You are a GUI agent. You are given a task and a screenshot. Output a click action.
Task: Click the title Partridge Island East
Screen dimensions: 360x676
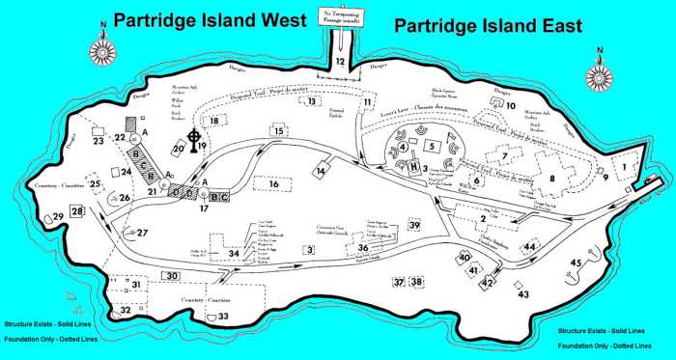coord(489,26)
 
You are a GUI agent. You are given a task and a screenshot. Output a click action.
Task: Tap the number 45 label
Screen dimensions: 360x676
coord(577,262)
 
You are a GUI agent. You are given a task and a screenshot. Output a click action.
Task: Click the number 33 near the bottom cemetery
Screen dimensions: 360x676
coord(223,316)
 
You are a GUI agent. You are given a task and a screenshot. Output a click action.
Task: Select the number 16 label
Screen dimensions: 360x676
coord(274,183)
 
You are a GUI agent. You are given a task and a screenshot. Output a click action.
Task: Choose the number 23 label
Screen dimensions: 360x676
coord(99,141)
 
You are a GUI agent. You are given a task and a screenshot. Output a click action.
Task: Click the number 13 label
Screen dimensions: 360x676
coord(312,101)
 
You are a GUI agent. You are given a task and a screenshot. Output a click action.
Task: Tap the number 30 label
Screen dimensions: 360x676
coord(170,276)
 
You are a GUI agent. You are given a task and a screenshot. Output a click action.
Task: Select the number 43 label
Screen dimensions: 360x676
coord(523,294)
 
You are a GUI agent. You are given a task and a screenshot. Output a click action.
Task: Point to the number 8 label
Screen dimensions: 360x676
coord(553,179)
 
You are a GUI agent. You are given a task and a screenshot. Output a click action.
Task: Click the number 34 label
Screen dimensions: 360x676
coord(233,254)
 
